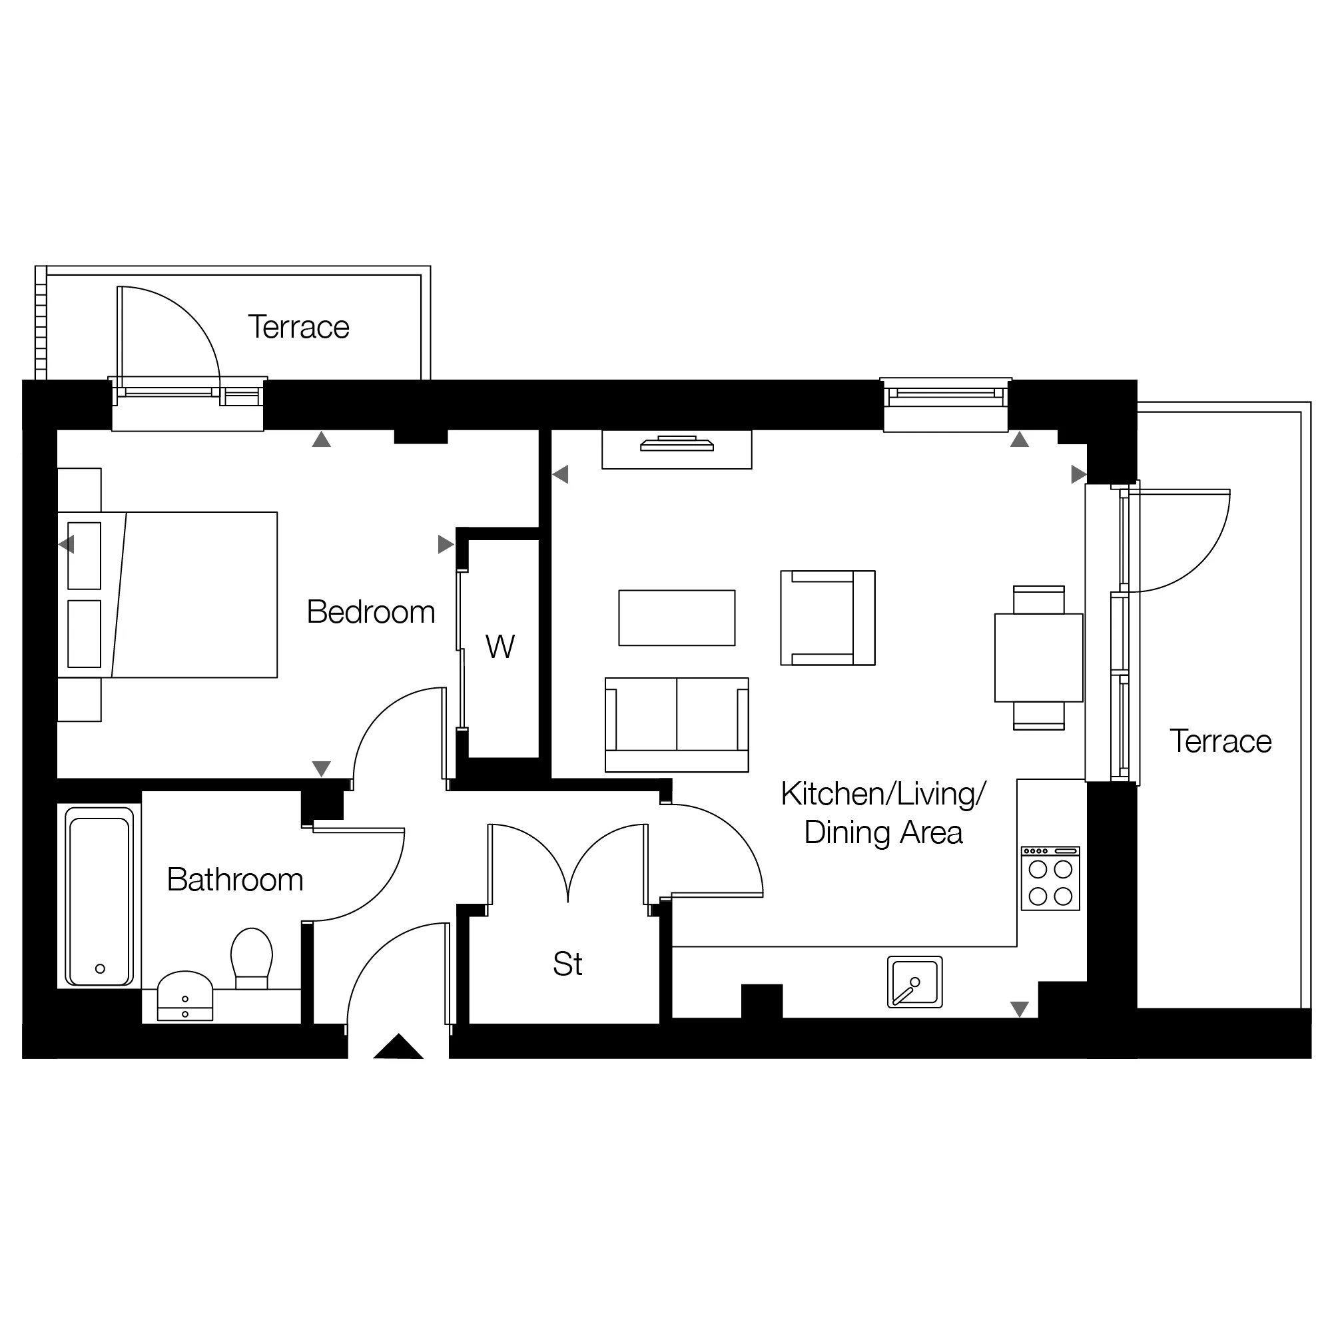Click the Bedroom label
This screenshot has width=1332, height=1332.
point(371,611)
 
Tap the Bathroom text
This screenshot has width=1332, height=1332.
point(235,880)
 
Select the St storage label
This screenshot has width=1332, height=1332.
point(567,964)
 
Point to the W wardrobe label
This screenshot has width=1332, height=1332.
point(500,647)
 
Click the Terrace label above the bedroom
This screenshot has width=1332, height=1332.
point(298,327)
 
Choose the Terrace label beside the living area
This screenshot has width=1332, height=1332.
point(1220,741)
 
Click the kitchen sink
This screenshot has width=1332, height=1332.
point(915,982)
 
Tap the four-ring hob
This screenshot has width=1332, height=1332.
point(1051,879)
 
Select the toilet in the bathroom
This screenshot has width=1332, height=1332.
point(252,958)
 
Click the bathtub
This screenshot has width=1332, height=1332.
point(100,896)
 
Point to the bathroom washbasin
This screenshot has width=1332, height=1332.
point(184,996)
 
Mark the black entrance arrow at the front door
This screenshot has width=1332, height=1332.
point(398,1046)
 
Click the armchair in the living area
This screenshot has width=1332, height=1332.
point(827,618)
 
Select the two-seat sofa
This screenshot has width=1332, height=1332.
point(677,725)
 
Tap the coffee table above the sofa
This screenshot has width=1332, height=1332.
point(677,618)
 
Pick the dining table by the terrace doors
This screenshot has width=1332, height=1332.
point(1038,658)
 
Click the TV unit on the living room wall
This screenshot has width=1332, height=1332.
point(677,450)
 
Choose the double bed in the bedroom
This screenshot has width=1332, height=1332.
point(168,594)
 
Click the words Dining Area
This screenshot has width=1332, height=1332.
point(883,832)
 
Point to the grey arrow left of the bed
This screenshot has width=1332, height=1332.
point(66,545)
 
